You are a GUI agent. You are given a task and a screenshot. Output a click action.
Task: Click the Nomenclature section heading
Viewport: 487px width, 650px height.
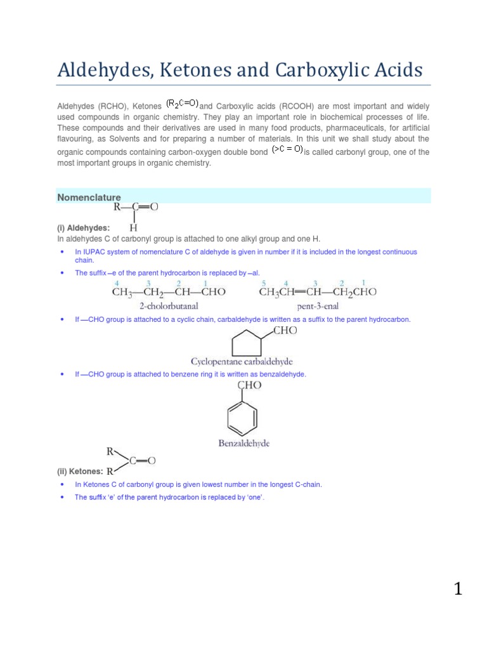[89, 197]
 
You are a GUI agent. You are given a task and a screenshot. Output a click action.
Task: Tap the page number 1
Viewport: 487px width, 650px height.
[458, 590]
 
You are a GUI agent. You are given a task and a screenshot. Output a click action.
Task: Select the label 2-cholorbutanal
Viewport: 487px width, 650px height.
[169, 305]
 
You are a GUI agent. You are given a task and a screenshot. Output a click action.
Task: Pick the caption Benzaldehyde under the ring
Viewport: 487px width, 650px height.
[243, 444]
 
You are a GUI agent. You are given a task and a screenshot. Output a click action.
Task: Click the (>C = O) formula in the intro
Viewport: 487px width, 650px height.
[287, 150]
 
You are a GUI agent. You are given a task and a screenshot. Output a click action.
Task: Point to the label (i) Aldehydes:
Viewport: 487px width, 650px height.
[83, 227]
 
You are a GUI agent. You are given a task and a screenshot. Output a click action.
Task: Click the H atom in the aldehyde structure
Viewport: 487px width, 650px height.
[133, 227]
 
